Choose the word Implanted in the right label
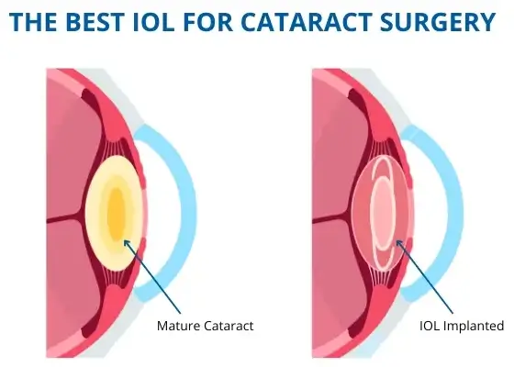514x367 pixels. pos(478,325)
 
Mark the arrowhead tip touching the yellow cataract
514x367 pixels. pos(124,241)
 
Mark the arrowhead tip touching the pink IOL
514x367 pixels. pos(396,242)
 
